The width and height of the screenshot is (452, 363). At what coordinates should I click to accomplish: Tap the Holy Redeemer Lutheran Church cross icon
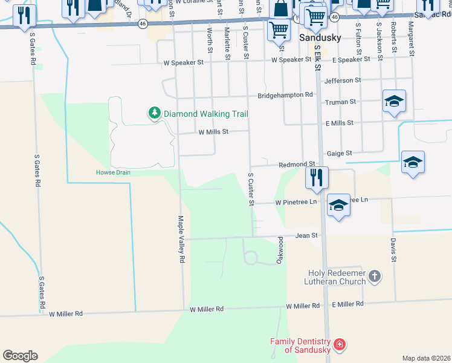point(375,277)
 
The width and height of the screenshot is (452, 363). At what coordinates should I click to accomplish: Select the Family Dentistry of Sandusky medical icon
point(340,345)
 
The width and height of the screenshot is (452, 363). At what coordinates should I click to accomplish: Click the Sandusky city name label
point(321,38)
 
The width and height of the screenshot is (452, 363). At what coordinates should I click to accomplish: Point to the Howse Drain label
point(113,172)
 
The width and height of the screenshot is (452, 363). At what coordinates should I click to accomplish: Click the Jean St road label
point(306,235)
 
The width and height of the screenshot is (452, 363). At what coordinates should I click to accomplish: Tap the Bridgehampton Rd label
point(285,95)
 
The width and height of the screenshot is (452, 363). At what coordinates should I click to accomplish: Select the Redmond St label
point(297,165)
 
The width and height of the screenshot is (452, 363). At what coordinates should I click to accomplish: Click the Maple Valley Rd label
point(180,239)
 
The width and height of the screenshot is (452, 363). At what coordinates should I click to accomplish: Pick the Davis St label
point(393,249)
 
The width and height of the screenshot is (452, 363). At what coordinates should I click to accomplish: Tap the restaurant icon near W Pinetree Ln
point(316,177)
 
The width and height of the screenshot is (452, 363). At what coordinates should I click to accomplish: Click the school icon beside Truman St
point(394,101)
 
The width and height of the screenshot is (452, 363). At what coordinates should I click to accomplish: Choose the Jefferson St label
point(343,80)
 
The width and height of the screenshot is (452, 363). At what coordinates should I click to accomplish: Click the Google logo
point(20,356)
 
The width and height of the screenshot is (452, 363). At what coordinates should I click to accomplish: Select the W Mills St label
point(213,131)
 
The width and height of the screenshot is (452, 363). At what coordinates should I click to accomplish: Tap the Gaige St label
point(340,154)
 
